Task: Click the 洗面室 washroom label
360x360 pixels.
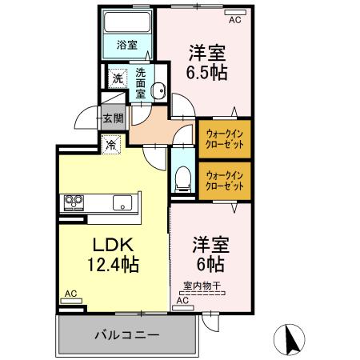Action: tap(141, 82)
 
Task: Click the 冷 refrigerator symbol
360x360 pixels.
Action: tap(110, 146)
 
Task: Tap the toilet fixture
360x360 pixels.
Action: tap(182, 178)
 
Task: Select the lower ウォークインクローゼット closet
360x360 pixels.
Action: tap(224, 180)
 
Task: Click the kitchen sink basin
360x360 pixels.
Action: tap(122, 201)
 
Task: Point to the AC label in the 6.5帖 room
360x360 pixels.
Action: tap(234, 21)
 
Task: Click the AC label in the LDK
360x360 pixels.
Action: tap(70, 294)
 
